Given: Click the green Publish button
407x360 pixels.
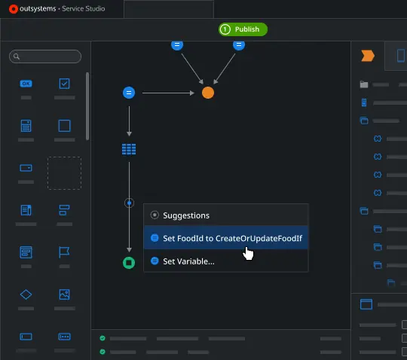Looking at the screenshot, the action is [x=243, y=29].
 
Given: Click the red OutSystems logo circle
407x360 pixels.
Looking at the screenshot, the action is [x=14, y=9].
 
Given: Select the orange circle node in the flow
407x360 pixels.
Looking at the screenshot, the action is [x=208, y=93].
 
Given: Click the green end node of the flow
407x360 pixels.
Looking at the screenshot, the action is [x=129, y=263].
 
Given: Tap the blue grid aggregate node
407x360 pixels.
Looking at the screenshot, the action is [x=129, y=149].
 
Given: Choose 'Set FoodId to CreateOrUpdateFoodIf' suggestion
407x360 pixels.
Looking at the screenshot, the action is [x=232, y=238].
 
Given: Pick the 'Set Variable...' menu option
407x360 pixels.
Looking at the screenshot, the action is [x=188, y=261].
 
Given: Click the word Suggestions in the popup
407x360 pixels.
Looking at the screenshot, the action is [x=186, y=215].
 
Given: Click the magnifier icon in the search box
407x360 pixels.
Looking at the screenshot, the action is [x=17, y=56].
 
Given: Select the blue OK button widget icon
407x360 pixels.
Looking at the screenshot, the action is [x=26, y=84].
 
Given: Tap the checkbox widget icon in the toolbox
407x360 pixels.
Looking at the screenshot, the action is [x=64, y=84].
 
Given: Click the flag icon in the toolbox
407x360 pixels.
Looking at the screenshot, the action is [x=64, y=252].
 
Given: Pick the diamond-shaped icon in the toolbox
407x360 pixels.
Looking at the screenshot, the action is [x=26, y=294].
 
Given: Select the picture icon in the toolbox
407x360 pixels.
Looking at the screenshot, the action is [x=64, y=294].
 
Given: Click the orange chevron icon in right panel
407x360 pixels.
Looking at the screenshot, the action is [x=368, y=56].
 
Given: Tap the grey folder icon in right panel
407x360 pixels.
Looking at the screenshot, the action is [x=364, y=84].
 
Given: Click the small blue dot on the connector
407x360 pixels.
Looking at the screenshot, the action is [x=130, y=203].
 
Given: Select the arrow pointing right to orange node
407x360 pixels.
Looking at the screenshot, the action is [x=168, y=93].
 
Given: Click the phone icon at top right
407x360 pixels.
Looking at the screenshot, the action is [x=401, y=56].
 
